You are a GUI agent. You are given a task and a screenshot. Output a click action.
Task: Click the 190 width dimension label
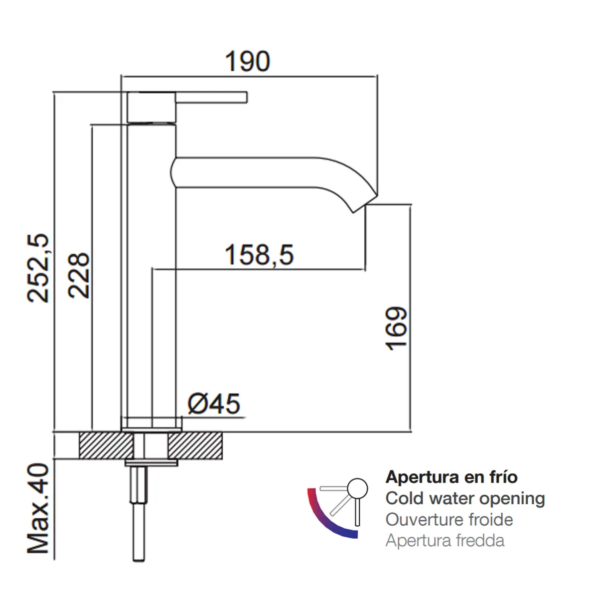click(247, 61)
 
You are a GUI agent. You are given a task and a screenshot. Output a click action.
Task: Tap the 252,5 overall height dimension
click(38, 269)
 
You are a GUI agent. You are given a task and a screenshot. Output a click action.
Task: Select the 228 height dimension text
click(79, 276)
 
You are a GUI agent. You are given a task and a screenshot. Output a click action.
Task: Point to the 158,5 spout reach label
click(259, 255)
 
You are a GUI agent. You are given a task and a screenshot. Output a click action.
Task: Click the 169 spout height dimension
click(396, 329)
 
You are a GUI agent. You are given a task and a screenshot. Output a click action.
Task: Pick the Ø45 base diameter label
click(214, 404)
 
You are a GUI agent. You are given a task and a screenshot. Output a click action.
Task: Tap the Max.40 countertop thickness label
click(38, 508)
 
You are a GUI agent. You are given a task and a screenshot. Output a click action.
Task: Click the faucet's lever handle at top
click(211, 97)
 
